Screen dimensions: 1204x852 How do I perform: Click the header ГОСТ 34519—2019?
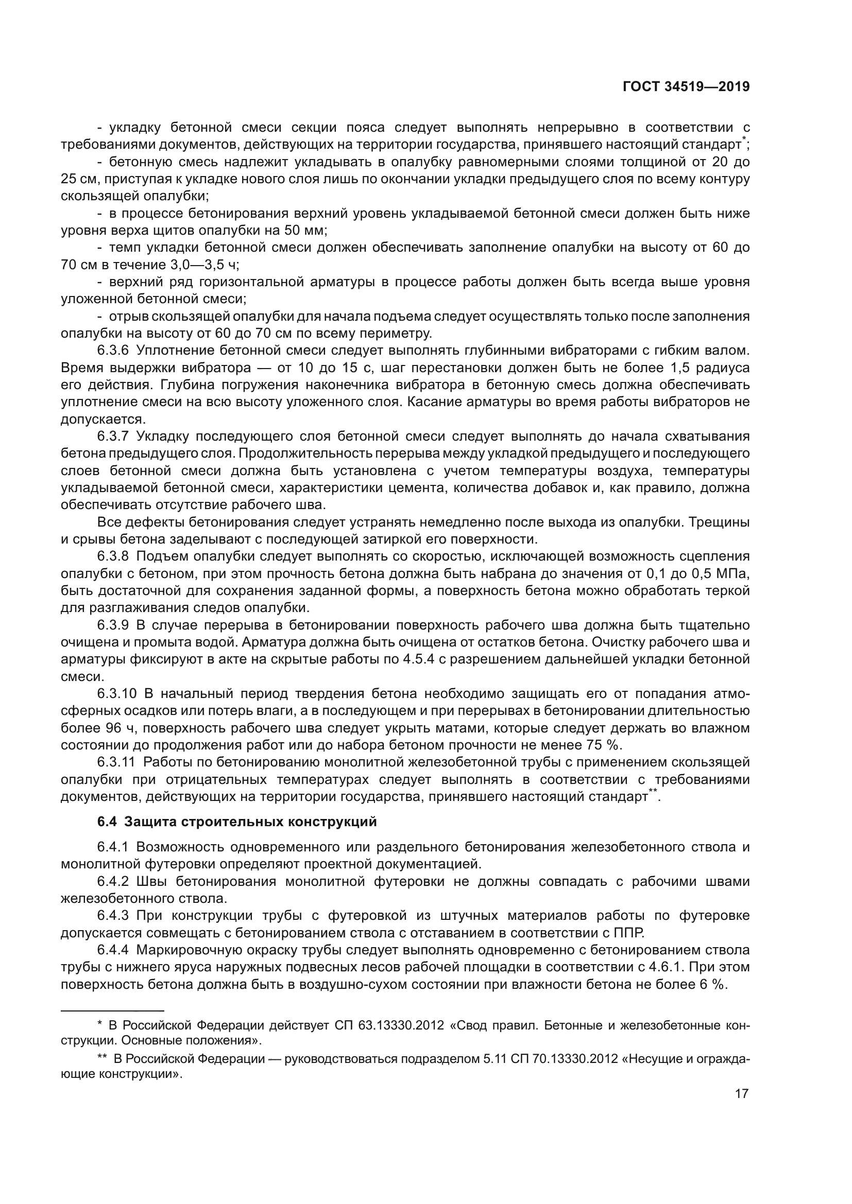click(686, 87)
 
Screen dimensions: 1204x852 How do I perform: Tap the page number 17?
click(741, 1108)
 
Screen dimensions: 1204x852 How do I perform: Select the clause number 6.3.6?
click(113, 351)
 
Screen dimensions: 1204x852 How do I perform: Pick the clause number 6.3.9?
click(113, 625)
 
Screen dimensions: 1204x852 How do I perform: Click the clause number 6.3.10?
click(116, 694)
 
